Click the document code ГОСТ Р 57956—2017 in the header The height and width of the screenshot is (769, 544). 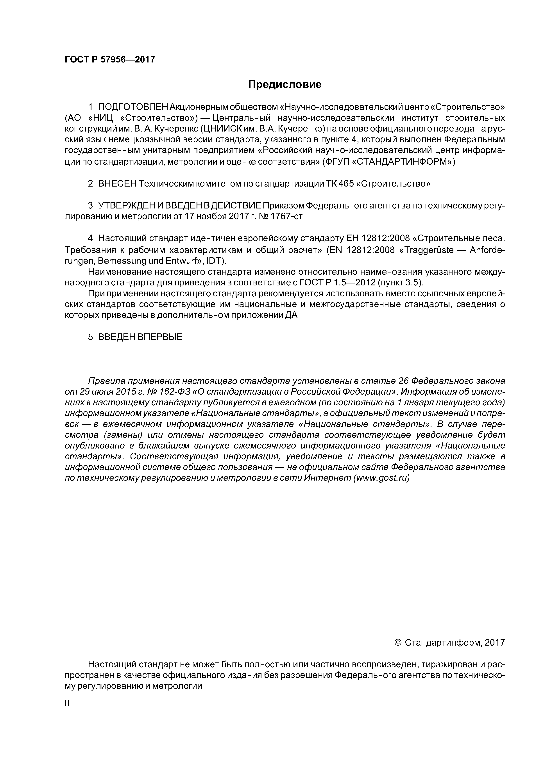click(110, 60)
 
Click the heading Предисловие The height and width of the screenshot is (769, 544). click(285, 84)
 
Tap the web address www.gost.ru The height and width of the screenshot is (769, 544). click(381, 478)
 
